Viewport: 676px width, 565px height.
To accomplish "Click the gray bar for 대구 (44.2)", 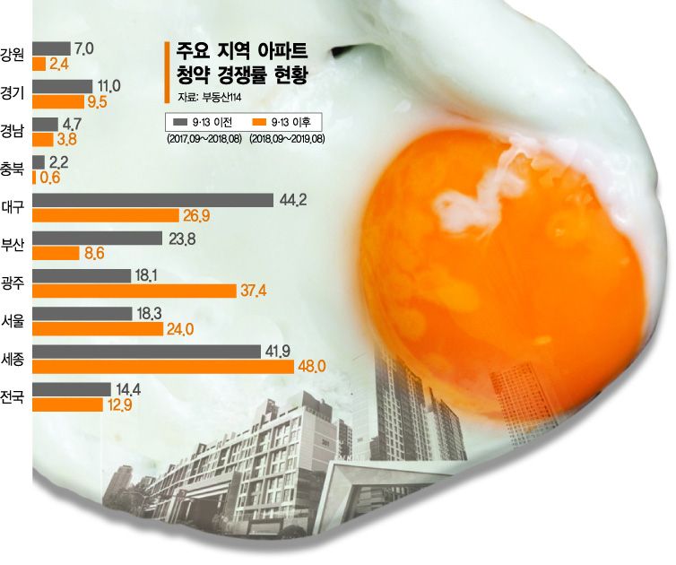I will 153,200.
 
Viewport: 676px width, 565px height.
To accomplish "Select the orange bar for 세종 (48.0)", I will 163,367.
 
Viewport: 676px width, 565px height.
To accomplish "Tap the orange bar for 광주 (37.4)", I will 134,291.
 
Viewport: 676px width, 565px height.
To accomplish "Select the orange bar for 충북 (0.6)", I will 35,178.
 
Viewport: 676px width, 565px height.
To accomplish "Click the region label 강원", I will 13,56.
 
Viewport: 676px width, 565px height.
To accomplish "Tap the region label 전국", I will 13,395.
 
